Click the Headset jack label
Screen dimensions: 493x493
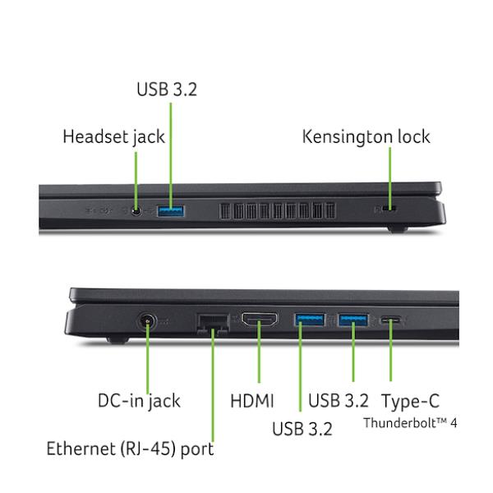[114, 137]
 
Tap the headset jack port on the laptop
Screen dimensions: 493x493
[136, 211]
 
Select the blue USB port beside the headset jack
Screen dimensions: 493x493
[171, 211]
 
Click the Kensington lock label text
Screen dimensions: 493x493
[366, 137]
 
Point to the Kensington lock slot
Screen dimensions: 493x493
[389, 209]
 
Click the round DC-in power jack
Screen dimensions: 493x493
[147, 321]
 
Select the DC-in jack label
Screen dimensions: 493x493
[140, 401]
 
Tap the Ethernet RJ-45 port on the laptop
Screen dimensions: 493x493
[213, 323]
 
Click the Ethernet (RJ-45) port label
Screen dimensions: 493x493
[130, 449]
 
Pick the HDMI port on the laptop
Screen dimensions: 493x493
[260, 319]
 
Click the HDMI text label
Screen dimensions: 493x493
[252, 401]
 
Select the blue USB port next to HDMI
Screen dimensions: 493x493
[310, 320]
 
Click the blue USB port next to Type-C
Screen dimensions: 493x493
[353, 320]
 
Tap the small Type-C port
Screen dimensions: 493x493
[391, 320]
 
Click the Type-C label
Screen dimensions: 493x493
[410, 401]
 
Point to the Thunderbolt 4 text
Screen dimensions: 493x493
[410, 423]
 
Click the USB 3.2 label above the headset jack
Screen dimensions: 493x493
[167, 90]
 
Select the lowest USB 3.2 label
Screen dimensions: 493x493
[302, 429]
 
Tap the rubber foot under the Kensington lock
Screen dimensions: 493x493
[398, 229]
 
